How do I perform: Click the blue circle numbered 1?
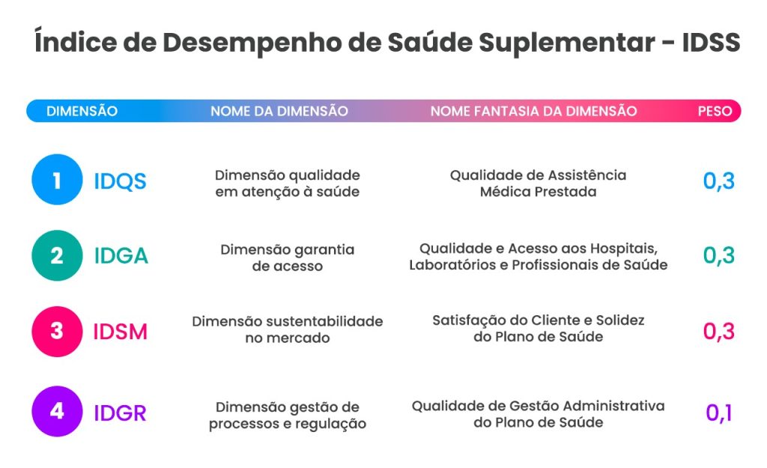(57, 180)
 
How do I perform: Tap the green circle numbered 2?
(57, 255)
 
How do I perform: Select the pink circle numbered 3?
(57, 332)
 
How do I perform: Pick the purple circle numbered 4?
(57, 411)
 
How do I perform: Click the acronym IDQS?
(121, 181)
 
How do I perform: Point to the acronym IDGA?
(121, 256)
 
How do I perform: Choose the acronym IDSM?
(121, 332)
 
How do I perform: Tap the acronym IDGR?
(121, 413)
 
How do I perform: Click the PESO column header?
(715, 111)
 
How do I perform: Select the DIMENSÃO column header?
(82, 111)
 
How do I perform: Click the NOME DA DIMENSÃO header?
(279, 111)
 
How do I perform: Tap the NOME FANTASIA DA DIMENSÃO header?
(533, 111)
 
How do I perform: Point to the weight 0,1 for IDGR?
(718, 413)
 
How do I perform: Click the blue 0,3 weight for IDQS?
(718, 181)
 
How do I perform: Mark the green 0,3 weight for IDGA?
(718, 255)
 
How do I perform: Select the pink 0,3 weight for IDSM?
(718, 332)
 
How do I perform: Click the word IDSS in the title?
(711, 42)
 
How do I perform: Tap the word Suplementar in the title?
(567, 43)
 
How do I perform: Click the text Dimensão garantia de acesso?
(288, 258)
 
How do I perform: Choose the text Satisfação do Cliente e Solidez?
(538, 320)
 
